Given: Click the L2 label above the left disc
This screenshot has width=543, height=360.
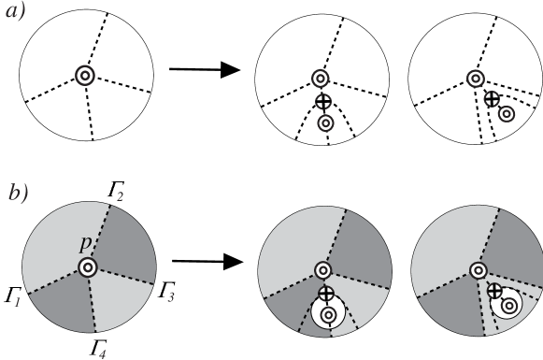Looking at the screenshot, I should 115,189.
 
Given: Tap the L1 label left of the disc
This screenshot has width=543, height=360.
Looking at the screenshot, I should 12,295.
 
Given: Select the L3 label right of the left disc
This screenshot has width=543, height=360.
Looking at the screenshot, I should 166,290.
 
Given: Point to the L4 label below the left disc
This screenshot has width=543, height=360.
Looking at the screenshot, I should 97,348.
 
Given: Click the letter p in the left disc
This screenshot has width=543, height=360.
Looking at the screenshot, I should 85,243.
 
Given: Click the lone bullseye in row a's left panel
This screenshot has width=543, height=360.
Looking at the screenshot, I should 84,76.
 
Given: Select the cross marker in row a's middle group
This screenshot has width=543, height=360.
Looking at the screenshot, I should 322,101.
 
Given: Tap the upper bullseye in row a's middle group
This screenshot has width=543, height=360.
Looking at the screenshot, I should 320,79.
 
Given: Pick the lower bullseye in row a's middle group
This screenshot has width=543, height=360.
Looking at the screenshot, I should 325,122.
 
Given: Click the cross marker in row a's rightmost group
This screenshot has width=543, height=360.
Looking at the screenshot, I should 492,98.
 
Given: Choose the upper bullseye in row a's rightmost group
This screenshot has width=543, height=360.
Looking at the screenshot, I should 476,79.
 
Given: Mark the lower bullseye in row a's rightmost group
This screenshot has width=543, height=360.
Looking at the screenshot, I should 506,114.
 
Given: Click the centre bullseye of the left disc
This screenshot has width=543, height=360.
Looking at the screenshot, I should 88,267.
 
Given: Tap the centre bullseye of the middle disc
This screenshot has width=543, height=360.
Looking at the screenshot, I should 322,270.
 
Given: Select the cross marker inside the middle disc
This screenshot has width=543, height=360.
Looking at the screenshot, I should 325,294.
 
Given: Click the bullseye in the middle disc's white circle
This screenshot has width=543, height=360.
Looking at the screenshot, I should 327,314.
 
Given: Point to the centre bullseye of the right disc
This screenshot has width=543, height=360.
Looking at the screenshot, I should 478,270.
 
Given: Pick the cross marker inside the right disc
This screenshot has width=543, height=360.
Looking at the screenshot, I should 494,291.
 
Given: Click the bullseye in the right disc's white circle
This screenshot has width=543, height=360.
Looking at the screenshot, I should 508,305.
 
